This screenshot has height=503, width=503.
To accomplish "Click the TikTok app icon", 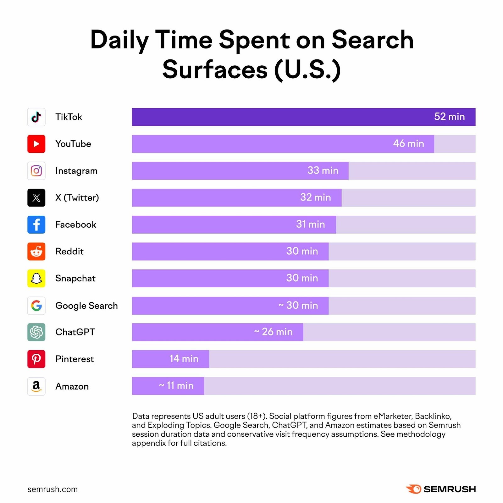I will (x=36, y=117).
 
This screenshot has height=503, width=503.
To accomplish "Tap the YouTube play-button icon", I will (x=36, y=144).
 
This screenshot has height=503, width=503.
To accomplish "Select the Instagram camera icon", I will (x=36, y=171).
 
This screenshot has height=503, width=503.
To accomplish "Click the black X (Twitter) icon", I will (x=36, y=198).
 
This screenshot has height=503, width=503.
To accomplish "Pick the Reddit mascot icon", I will (x=36, y=251).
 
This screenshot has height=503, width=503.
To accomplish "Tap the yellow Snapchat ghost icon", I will (x=36, y=278).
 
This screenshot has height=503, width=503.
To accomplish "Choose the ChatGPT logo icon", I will (x=36, y=332).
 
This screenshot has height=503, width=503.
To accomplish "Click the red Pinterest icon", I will (x=36, y=359).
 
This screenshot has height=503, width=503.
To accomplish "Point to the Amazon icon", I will (x=36, y=386).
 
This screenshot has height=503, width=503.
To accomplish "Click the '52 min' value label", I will (x=449, y=117).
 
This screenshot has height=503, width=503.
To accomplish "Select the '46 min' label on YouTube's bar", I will (x=408, y=144).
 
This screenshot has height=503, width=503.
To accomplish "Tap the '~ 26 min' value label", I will (x=273, y=332).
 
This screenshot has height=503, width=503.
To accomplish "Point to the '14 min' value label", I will (x=184, y=359).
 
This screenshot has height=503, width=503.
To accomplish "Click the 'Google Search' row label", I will (x=86, y=306).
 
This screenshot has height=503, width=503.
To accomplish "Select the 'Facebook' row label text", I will (x=76, y=224).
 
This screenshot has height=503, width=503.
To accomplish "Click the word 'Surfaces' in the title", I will (x=215, y=70).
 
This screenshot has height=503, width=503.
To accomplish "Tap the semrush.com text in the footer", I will (x=53, y=489).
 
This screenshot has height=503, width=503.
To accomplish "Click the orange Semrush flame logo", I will (x=413, y=489).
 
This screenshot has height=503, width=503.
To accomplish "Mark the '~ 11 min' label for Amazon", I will (x=176, y=385).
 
